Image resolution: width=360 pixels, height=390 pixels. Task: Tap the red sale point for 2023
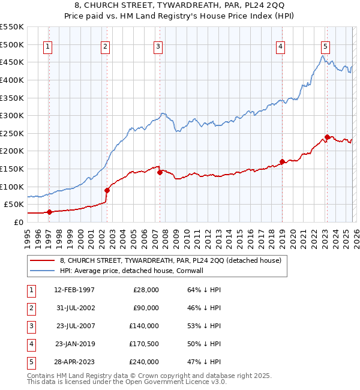[327, 137]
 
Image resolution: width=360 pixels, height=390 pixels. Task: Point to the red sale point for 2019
[282, 161]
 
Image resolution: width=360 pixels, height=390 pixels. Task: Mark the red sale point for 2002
[107, 190]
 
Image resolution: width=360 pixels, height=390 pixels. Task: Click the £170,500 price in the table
[144, 344]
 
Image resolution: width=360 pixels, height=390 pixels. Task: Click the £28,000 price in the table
[146, 290]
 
